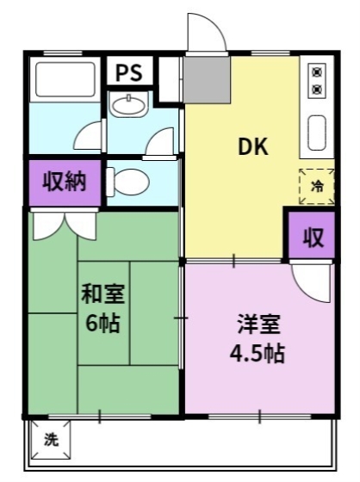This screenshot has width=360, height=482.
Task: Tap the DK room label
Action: point(253,147)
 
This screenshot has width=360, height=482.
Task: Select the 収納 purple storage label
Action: point(65,183)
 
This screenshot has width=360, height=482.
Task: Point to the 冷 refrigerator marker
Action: point(316,186)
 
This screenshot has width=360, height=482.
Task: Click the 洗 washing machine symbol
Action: point(52,440)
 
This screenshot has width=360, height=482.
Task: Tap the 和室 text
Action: point(103,294)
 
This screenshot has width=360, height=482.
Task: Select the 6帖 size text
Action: point(103,324)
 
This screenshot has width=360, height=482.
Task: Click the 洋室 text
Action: point(258,324)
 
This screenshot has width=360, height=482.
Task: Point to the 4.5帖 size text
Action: point(258,353)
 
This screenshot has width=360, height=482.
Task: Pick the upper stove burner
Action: point(316,71)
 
